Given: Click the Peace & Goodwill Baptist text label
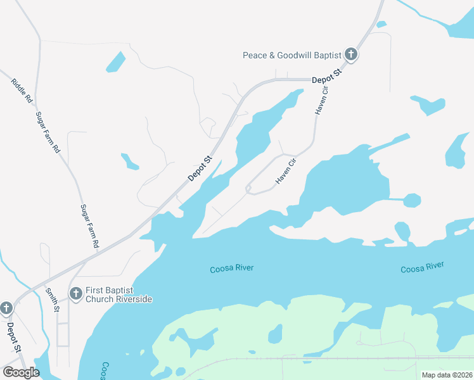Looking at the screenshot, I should [x=292, y=55].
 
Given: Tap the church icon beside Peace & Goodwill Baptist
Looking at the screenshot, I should [x=351, y=55].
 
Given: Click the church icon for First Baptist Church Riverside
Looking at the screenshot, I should [x=75, y=293].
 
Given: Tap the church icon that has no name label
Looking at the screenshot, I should [x=6, y=308].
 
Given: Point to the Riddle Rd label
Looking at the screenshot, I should [x=22, y=91].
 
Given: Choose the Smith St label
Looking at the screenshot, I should [x=52, y=300].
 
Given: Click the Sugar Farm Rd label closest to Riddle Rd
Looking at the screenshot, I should [x=48, y=132].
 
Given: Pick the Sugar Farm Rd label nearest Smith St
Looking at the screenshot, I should [x=90, y=225].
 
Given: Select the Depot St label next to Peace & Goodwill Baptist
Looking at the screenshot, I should [x=326, y=77].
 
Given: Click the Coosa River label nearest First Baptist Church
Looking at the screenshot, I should [x=232, y=268].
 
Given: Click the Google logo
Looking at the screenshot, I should [x=21, y=372].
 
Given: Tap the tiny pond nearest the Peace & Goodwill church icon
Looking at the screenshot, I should [x=381, y=25].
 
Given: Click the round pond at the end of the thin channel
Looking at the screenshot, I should [x=412, y=200].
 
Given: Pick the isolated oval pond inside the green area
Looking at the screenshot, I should [x=275, y=333].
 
